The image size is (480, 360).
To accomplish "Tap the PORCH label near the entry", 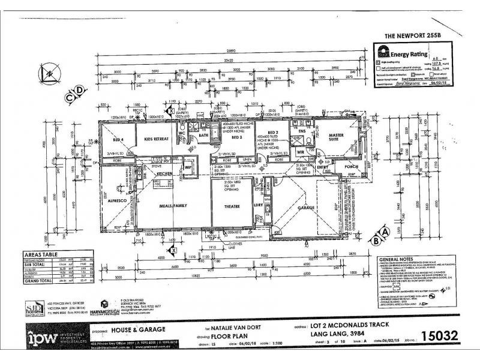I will pos(350,167).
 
